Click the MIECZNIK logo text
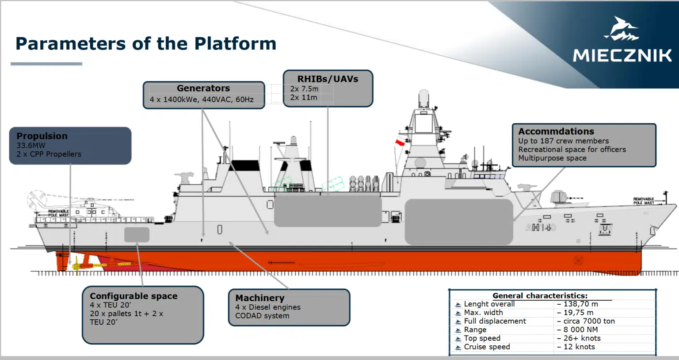tap(622, 55)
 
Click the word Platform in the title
tap(235, 44)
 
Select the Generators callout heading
tap(203, 88)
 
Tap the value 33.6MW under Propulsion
tap(31, 146)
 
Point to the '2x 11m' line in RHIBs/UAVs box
tap(304, 97)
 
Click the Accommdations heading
tap(556, 131)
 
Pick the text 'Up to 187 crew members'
tap(564, 141)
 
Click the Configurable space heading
tap(134, 296)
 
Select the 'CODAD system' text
tap(262, 316)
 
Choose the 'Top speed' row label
tap(482, 338)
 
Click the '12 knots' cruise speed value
tap(579, 347)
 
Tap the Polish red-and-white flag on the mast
tap(400, 142)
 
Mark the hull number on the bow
tap(540, 228)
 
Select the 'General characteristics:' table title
tap(540, 295)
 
